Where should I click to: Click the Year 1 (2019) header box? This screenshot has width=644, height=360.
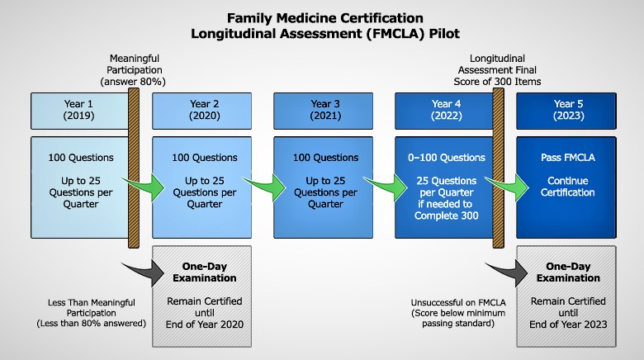click(80, 111)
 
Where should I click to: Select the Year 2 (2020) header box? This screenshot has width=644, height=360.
click(202, 111)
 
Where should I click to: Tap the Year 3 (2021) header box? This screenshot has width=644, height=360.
click(323, 111)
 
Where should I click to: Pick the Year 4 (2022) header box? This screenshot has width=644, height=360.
click(444, 111)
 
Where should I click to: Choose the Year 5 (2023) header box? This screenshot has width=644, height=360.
click(566, 111)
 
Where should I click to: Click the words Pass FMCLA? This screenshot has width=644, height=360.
click(567, 158)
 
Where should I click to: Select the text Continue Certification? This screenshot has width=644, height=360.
click(567, 187)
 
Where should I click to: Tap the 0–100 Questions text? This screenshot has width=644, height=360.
click(447, 158)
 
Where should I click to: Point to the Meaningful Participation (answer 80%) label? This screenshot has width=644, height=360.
click(134, 70)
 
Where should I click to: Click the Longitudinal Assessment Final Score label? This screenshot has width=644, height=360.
click(497, 70)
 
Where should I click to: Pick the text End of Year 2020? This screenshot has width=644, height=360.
click(205, 324)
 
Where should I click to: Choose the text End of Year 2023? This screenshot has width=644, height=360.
click(568, 324)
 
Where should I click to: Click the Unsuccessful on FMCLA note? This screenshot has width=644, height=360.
click(458, 313)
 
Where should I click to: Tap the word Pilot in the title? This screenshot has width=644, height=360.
click(444, 33)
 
